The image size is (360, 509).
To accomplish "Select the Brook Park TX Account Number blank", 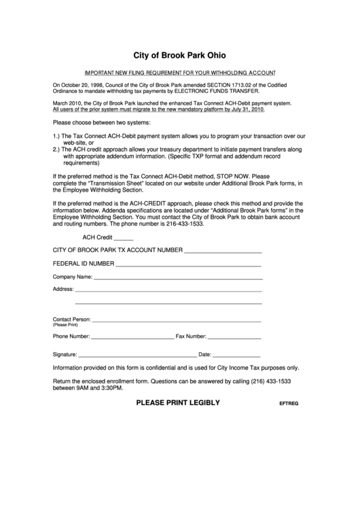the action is click(x=223, y=251).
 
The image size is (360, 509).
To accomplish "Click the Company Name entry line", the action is click(x=177, y=278).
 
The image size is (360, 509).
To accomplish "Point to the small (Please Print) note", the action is click(x=66, y=325).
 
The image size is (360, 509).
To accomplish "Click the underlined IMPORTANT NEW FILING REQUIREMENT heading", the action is click(x=179, y=72).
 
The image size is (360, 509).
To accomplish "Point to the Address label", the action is click(x=63, y=289).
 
